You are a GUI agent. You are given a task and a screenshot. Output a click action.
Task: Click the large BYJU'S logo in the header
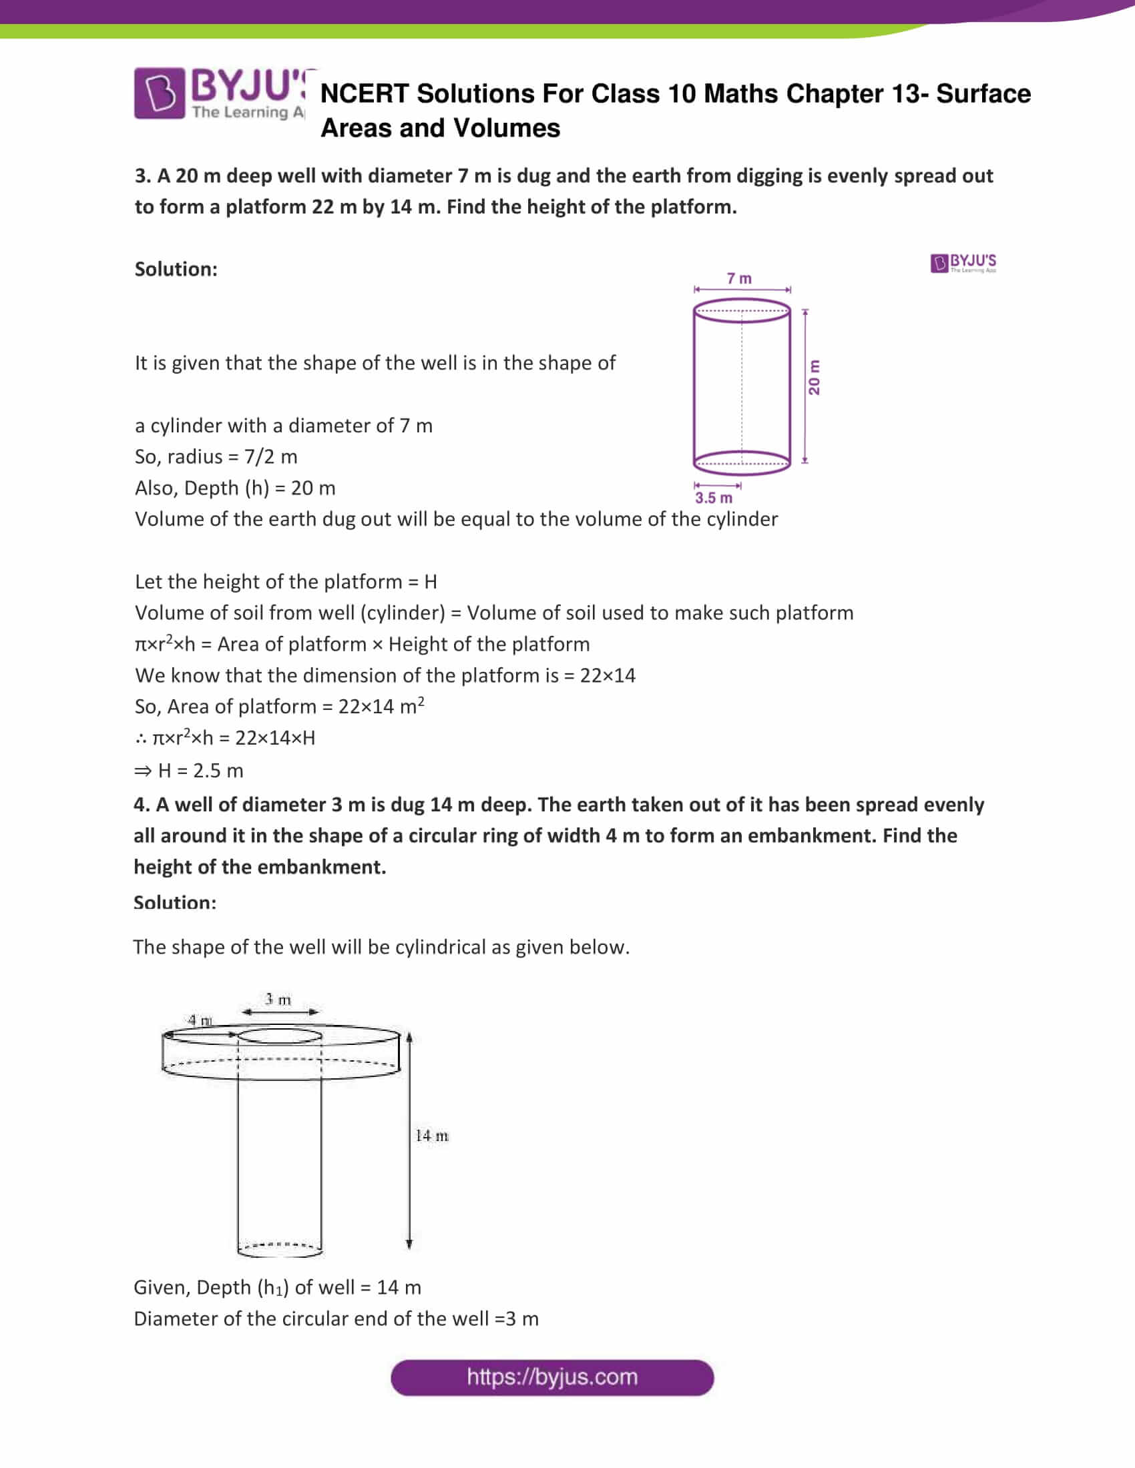[x=222, y=94]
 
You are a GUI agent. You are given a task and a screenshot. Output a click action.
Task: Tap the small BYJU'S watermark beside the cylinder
[x=963, y=263]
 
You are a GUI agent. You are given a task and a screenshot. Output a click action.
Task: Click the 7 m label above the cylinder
[x=739, y=278]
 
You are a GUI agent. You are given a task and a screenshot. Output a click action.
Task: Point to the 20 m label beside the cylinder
[x=815, y=377]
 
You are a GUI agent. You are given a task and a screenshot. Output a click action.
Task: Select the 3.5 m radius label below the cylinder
[x=714, y=498]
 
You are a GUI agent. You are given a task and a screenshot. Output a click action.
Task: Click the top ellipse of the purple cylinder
[x=742, y=310]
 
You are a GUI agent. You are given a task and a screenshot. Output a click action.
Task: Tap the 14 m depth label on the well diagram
[x=432, y=1135]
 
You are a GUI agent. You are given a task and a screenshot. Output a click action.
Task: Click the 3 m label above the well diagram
[x=278, y=1000]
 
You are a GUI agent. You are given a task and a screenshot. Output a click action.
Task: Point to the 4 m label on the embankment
[x=200, y=1020]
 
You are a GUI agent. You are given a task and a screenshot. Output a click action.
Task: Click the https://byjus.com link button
[x=552, y=1377]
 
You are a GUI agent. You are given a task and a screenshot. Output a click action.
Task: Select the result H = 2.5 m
[x=189, y=770]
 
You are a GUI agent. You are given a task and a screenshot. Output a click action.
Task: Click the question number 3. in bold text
[x=143, y=176]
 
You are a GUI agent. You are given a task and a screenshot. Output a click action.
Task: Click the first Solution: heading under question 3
[x=176, y=269]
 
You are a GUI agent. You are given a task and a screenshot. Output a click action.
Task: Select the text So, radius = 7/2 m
[x=216, y=456]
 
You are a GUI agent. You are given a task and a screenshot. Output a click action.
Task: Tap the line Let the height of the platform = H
[x=286, y=581]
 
